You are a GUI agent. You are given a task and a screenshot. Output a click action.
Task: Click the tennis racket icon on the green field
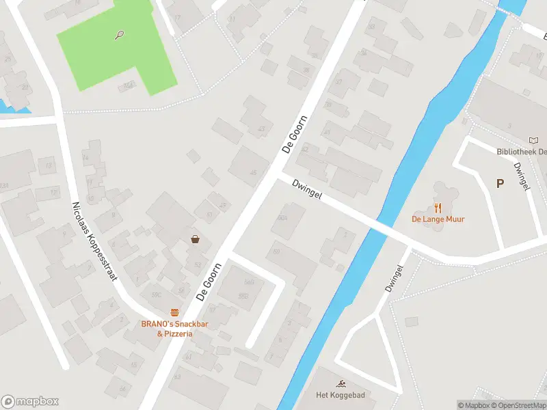120,34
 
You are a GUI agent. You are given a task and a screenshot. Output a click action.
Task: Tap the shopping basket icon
196,239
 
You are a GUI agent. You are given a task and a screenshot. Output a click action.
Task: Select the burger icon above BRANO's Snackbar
175,312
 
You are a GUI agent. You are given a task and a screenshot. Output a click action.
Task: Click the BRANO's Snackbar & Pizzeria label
175,329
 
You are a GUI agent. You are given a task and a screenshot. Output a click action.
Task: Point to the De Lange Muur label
438,219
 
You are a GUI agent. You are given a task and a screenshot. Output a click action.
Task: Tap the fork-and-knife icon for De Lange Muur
438,208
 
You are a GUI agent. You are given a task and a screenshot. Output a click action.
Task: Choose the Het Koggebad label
340,395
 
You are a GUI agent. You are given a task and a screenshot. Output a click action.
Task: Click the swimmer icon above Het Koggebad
340,383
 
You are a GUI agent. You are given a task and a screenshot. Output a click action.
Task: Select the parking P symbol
500,183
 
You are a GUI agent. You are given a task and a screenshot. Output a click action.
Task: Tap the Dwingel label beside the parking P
522,176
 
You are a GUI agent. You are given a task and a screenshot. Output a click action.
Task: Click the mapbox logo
30,402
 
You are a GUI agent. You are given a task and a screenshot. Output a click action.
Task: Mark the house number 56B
249,282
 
